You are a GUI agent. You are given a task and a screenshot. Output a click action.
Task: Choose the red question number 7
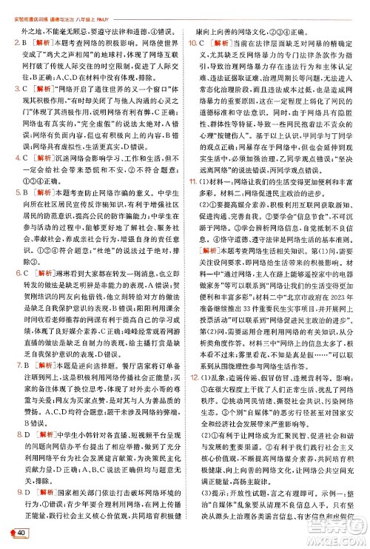coord(7,385)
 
